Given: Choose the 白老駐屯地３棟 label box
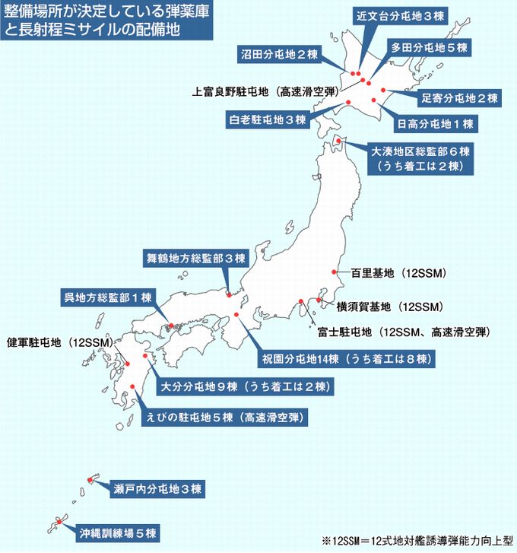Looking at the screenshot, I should pyautogui.click(x=267, y=119).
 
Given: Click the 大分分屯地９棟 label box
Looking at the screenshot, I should pyautogui.click(x=245, y=386).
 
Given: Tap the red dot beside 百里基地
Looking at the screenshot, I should pyautogui.click(x=334, y=272).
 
